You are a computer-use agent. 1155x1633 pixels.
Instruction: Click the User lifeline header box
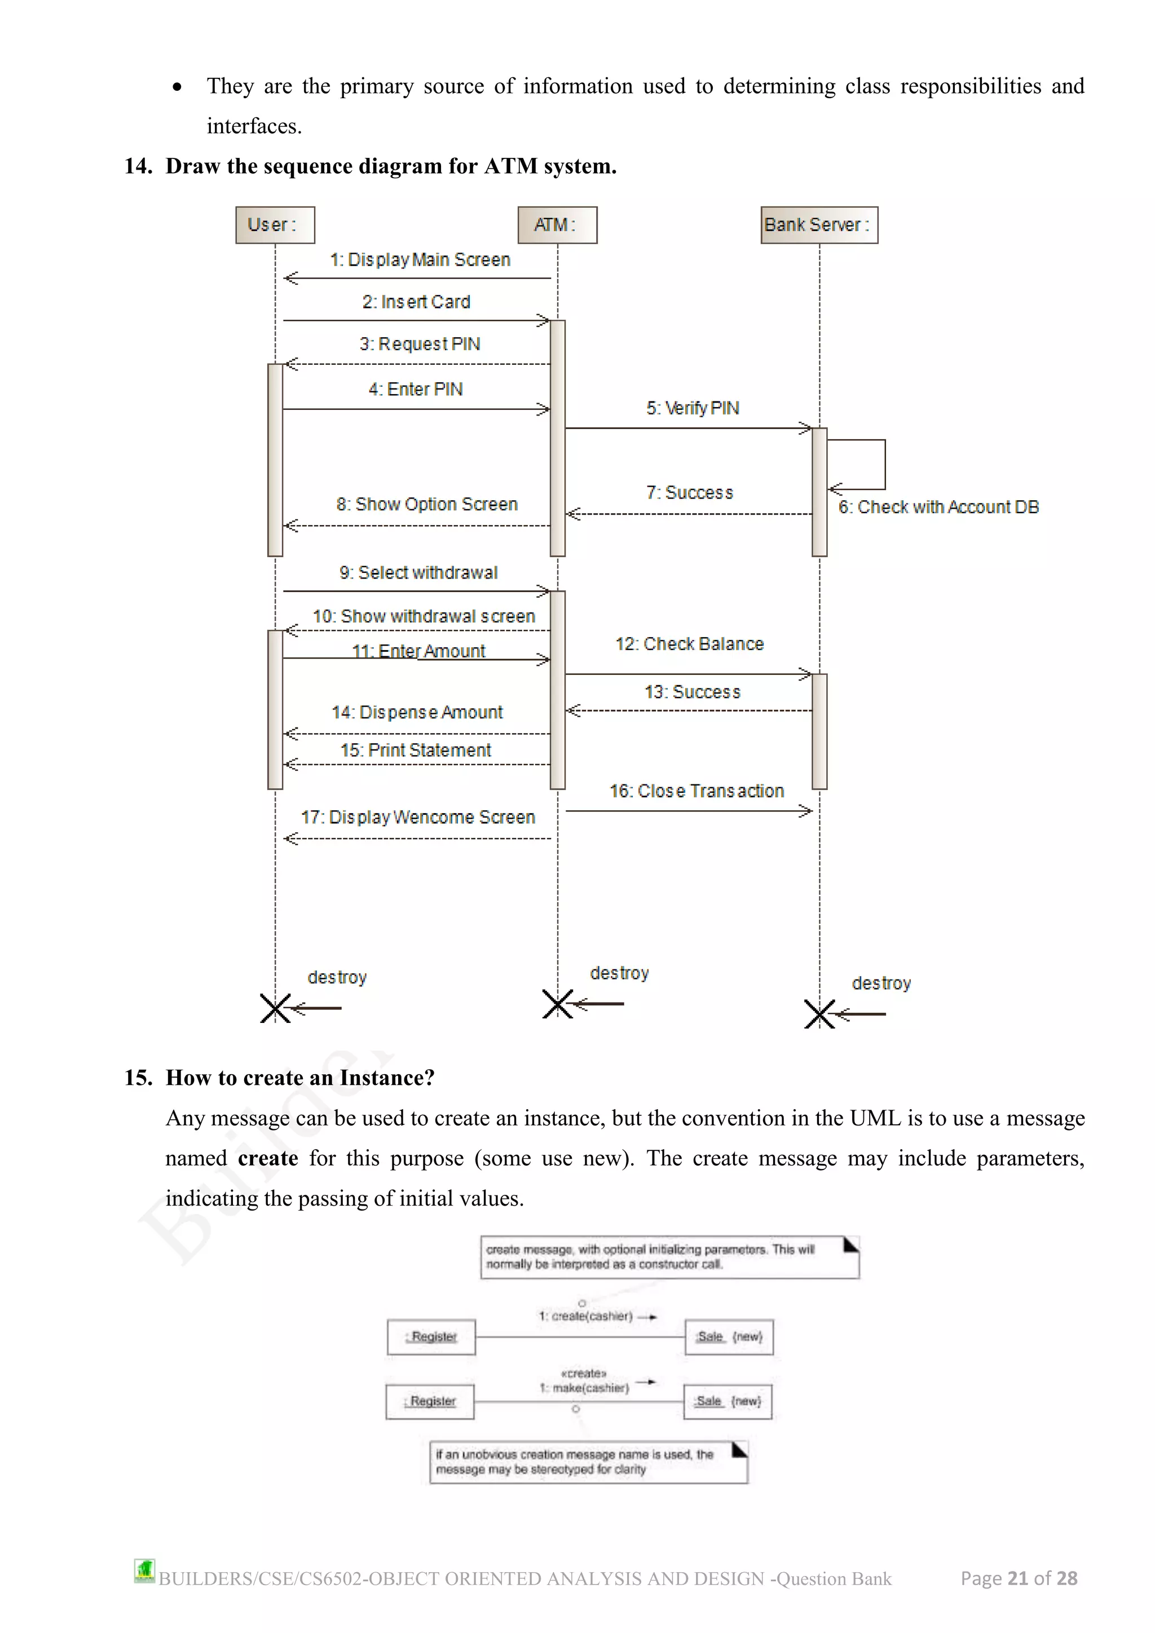(275, 225)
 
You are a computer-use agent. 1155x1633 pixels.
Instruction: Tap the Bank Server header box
(819, 225)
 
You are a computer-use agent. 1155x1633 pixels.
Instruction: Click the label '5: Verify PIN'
(692, 408)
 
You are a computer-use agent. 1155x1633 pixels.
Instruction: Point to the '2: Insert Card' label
(416, 302)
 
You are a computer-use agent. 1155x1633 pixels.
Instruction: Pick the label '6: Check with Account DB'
(937, 507)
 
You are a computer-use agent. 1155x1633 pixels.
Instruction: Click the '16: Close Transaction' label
(696, 791)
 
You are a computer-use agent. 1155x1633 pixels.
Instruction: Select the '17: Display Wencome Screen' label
(417, 817)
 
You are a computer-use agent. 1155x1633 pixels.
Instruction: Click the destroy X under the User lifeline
(275, 1008)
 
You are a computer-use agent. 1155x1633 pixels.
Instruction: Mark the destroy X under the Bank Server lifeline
(819, 1013)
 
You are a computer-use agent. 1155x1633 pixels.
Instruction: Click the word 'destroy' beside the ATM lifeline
(619, 973)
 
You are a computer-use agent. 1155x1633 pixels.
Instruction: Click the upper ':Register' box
(431, 1336)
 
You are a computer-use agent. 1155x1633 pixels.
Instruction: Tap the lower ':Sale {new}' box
(728, 1401)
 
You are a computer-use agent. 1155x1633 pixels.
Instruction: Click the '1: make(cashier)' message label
(584, 1388)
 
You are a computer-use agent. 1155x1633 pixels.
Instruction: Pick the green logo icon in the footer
(144, 1570)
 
